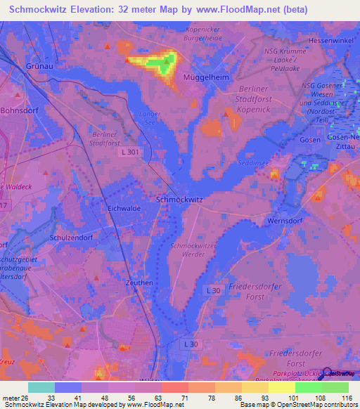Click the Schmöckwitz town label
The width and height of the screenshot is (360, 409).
pos(179,200)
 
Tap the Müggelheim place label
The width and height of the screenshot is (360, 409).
pos(206,78)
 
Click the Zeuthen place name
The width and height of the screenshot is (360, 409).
pos(138,283)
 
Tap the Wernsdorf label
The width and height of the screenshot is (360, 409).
pos(285,221)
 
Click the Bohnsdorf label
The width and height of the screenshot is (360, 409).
pos(21,111)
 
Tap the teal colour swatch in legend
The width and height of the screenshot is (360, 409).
pos(41,387)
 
